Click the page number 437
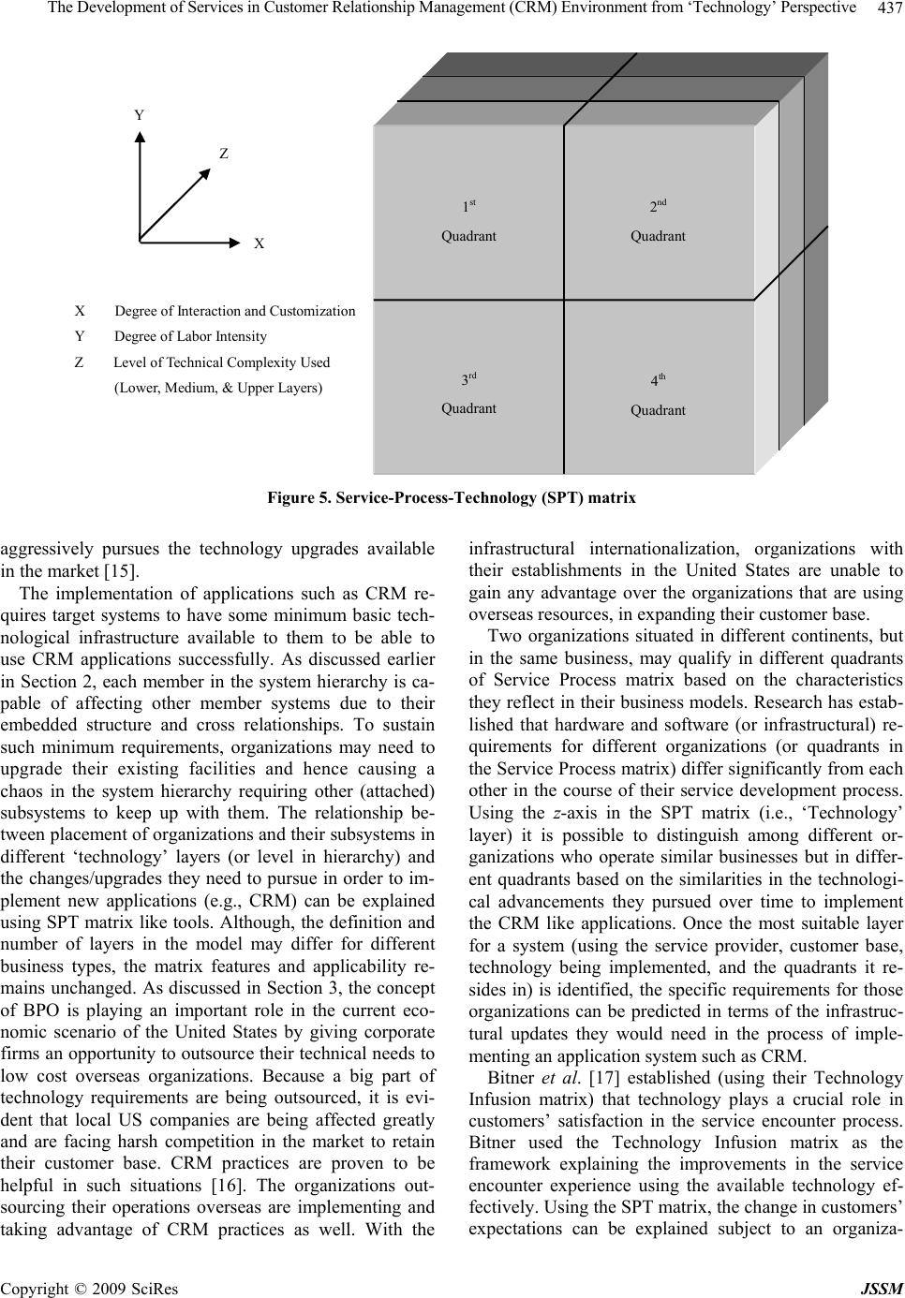(889, 8)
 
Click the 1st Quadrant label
(468, 221)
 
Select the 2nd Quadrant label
(658, 221)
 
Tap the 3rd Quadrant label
(468, 394)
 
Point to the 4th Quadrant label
(658, 395)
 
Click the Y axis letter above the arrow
(140, 115)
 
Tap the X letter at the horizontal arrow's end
(260, 243)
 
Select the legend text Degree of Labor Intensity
(190, 336)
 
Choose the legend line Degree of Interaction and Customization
(234, 311)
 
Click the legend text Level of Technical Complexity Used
(221, 362)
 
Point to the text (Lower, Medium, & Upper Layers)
(217, 388)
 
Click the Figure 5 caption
(452, 498)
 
